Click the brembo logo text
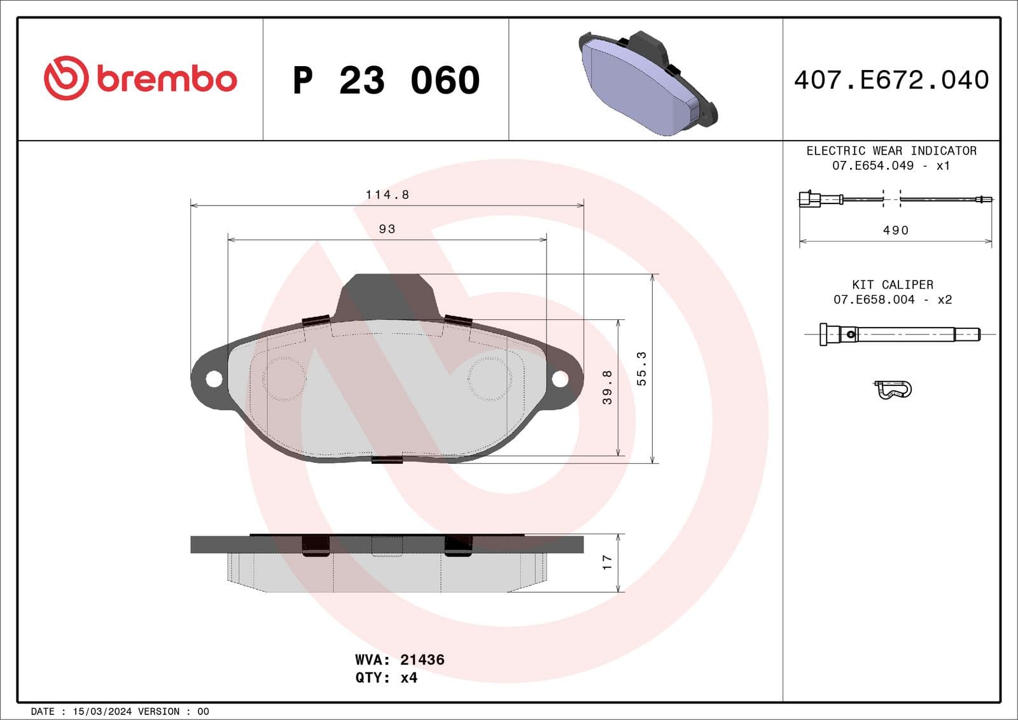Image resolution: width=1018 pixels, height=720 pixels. pos(167,80)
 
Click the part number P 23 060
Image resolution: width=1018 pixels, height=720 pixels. pos(386,81)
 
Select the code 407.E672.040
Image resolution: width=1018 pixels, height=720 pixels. pos(891,80)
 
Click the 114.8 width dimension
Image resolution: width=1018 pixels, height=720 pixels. pos(387,195)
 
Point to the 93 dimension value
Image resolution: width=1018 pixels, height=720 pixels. pos(387,229)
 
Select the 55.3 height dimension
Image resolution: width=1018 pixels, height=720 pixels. pos(641,368)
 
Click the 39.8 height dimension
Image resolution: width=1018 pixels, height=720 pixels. pos(607,387)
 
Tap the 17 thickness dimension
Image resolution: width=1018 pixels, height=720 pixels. pos(607,562)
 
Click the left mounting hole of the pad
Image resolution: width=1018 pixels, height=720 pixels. pos(214,379)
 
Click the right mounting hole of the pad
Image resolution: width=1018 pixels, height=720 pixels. pos(559,379)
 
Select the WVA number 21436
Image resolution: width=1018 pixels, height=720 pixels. pos(422,660)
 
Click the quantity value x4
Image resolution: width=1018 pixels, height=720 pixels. pos(408,678)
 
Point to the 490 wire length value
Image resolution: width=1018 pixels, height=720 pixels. pos(895,230)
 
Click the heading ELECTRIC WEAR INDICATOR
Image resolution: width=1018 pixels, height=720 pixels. pos(891,151)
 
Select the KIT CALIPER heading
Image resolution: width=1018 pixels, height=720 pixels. pos(892,285)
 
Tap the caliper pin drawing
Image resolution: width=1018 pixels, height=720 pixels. pos(900,334)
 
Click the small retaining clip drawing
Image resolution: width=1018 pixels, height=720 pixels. pos(893,389)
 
